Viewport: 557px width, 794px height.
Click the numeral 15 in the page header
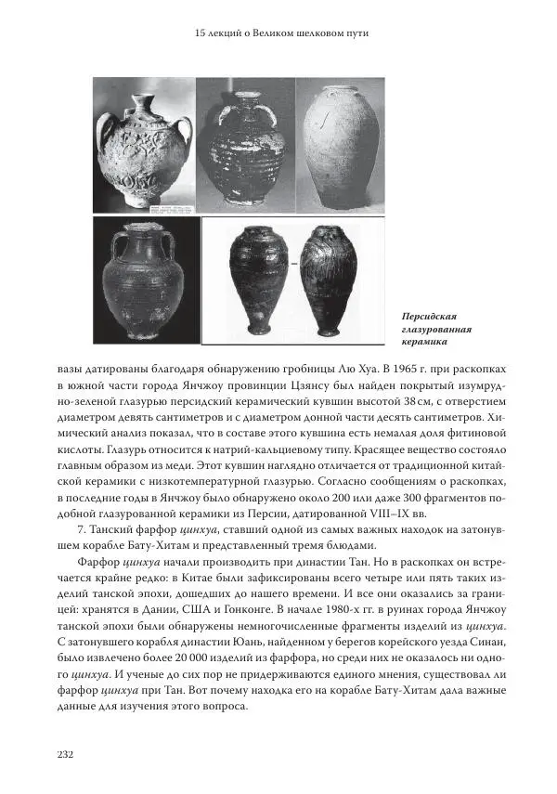202,34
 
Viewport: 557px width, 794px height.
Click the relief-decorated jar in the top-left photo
146,149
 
